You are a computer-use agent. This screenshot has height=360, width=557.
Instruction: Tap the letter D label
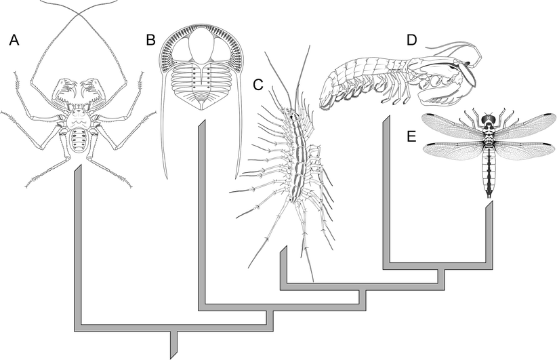point(411,40)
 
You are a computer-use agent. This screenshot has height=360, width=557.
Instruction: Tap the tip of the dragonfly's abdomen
point(489,195)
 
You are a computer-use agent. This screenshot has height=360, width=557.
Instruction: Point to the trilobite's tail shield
point(199,100)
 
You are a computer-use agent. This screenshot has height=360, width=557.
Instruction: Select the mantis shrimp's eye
point(468,65)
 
